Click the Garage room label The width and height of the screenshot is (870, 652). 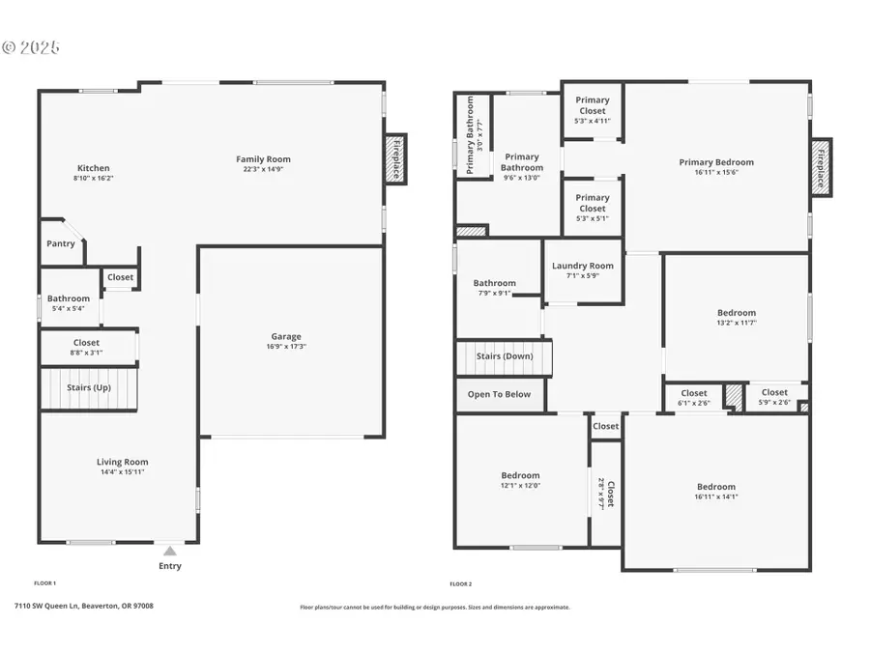pyautogui.click(x=284, y=336)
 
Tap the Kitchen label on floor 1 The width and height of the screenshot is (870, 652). pyautogui.click(x=92, y=168)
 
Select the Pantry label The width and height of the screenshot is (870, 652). pyautogui.click(x=61, y=243)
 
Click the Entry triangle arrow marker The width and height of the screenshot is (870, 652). pyautogui.click(x=169, y=552)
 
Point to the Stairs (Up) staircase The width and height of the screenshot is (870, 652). pyautogui.click(x=89, y=388)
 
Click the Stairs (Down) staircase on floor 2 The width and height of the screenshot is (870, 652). pyautogui.click(x=504, y=356)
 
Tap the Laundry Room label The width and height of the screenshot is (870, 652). pyautogui.click(x=582, y=266)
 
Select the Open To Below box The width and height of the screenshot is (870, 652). pyautogui.click(x=499, y=394)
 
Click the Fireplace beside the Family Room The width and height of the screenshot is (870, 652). pyautogui.click(x=396, y=158)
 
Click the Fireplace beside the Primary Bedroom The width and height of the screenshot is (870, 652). pyautogui.click(x=821, y=167)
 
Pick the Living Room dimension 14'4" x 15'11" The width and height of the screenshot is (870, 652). pyautogui.click(x=122, y=471)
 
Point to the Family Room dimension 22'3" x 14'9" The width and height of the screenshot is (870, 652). pyautogui.click(x=263, y=169)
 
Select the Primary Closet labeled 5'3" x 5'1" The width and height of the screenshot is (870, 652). pyautogui.click(x=593, y=209)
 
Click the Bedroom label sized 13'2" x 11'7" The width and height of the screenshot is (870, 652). pyautogui.click(x=736, y=313)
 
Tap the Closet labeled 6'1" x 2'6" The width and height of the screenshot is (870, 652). pyautogui.click(x=693, y=398)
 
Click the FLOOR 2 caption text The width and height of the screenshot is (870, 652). pyautogui.click(x=460, y=583)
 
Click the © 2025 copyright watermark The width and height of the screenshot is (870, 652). pyautogui.click(x=31, y=46)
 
